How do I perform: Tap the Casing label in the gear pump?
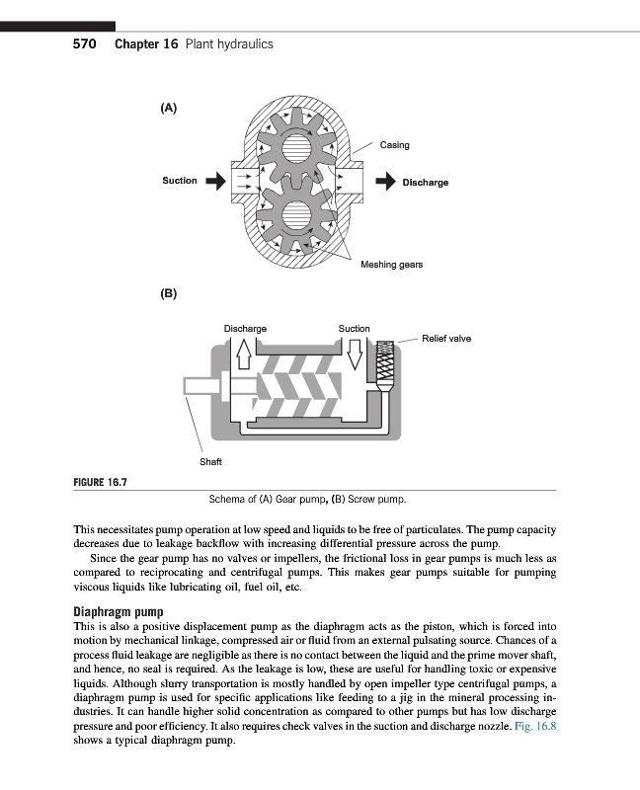[x=394, y=145]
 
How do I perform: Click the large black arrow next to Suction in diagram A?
[x=216, y=181]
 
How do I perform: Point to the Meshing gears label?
[x=391, y=265]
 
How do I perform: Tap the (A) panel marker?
[x=168, y=108]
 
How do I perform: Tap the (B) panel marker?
[x=168, y=293]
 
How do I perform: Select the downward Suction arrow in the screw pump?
[x=355, y=351]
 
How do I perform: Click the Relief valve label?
[x=445, y=339]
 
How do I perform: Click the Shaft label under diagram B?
[x=210, y=461]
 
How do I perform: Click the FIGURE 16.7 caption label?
[x=103, y=482]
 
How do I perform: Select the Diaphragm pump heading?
[x=119, y=610]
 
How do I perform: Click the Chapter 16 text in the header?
[x=146, y=44]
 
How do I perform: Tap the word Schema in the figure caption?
[x=225, y=498]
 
